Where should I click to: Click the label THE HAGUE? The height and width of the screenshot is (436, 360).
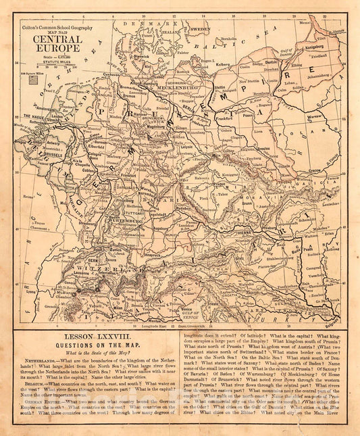pos(34,116)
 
